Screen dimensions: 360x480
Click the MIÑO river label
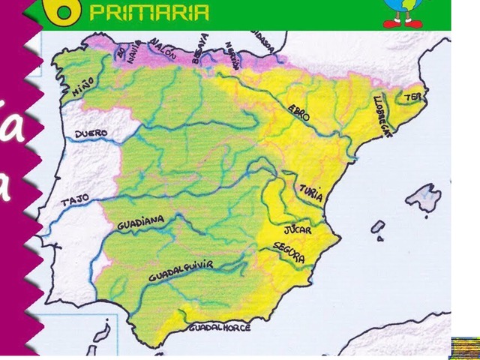click(83, 85)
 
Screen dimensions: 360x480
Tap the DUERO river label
click(91, 133)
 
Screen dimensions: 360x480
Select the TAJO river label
click(75, 201)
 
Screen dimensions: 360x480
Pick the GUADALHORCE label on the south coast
click(220, 328)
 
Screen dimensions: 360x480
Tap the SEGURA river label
click(289, 253)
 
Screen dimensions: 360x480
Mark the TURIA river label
click(311, 193)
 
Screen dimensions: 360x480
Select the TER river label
click(412, 97)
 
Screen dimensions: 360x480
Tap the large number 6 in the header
click(65, 10)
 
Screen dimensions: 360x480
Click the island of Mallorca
click(422, 199)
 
